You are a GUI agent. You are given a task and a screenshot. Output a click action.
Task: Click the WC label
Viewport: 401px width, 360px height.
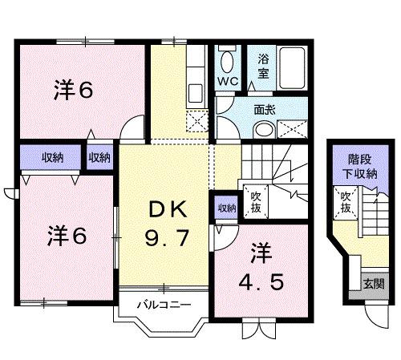(228, 82)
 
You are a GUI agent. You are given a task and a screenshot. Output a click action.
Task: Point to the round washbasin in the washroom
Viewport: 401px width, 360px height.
(229, 127)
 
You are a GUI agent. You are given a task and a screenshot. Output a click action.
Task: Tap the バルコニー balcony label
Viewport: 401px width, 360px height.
(163, 305)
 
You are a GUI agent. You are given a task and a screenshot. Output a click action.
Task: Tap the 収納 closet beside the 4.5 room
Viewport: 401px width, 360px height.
(225, 208)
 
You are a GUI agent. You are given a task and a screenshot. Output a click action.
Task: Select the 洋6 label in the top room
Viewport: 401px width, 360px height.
(74, 90)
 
